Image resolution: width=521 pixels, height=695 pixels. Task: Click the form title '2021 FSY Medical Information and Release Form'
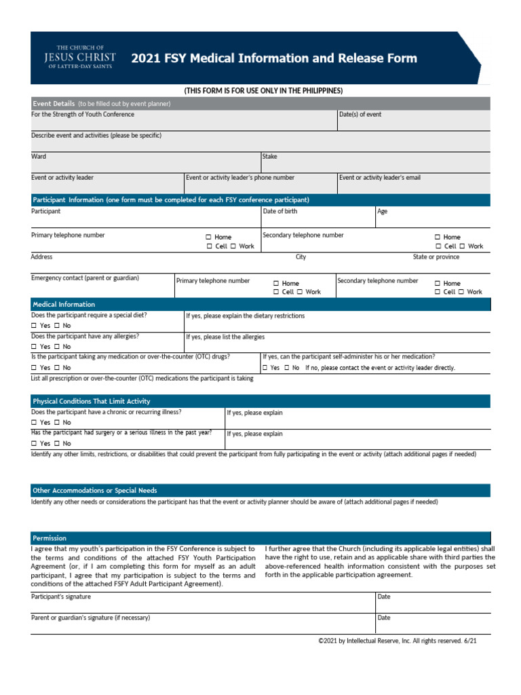click(x=274, y=58)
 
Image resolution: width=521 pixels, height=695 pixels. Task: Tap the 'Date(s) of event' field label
click(x=360, y=115)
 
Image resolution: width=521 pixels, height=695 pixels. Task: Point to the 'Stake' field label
click(x=269, y=157)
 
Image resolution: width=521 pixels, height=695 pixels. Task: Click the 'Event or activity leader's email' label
click(x=379, y=178)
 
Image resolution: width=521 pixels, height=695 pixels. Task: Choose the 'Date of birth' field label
click(x=279, y=212)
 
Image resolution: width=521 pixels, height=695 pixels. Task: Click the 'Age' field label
click(x=383, y=212)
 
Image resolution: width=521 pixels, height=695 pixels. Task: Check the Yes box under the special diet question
click(x=34, y=326)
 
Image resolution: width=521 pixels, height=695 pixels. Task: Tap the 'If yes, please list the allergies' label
click(x=225, y=337)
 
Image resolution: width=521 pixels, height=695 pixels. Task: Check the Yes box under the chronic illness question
click(x=34, y=423)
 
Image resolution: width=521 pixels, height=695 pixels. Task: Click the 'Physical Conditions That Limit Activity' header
click(x=92, y=402)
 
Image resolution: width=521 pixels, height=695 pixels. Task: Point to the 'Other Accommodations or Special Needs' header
click(x=94, y=491)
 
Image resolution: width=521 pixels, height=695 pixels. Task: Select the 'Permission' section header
click(x=50, y=538)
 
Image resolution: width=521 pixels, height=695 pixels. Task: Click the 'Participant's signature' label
click(x=61, y=597)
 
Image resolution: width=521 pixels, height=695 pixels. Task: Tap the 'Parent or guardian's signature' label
click(x=90, y=618)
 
